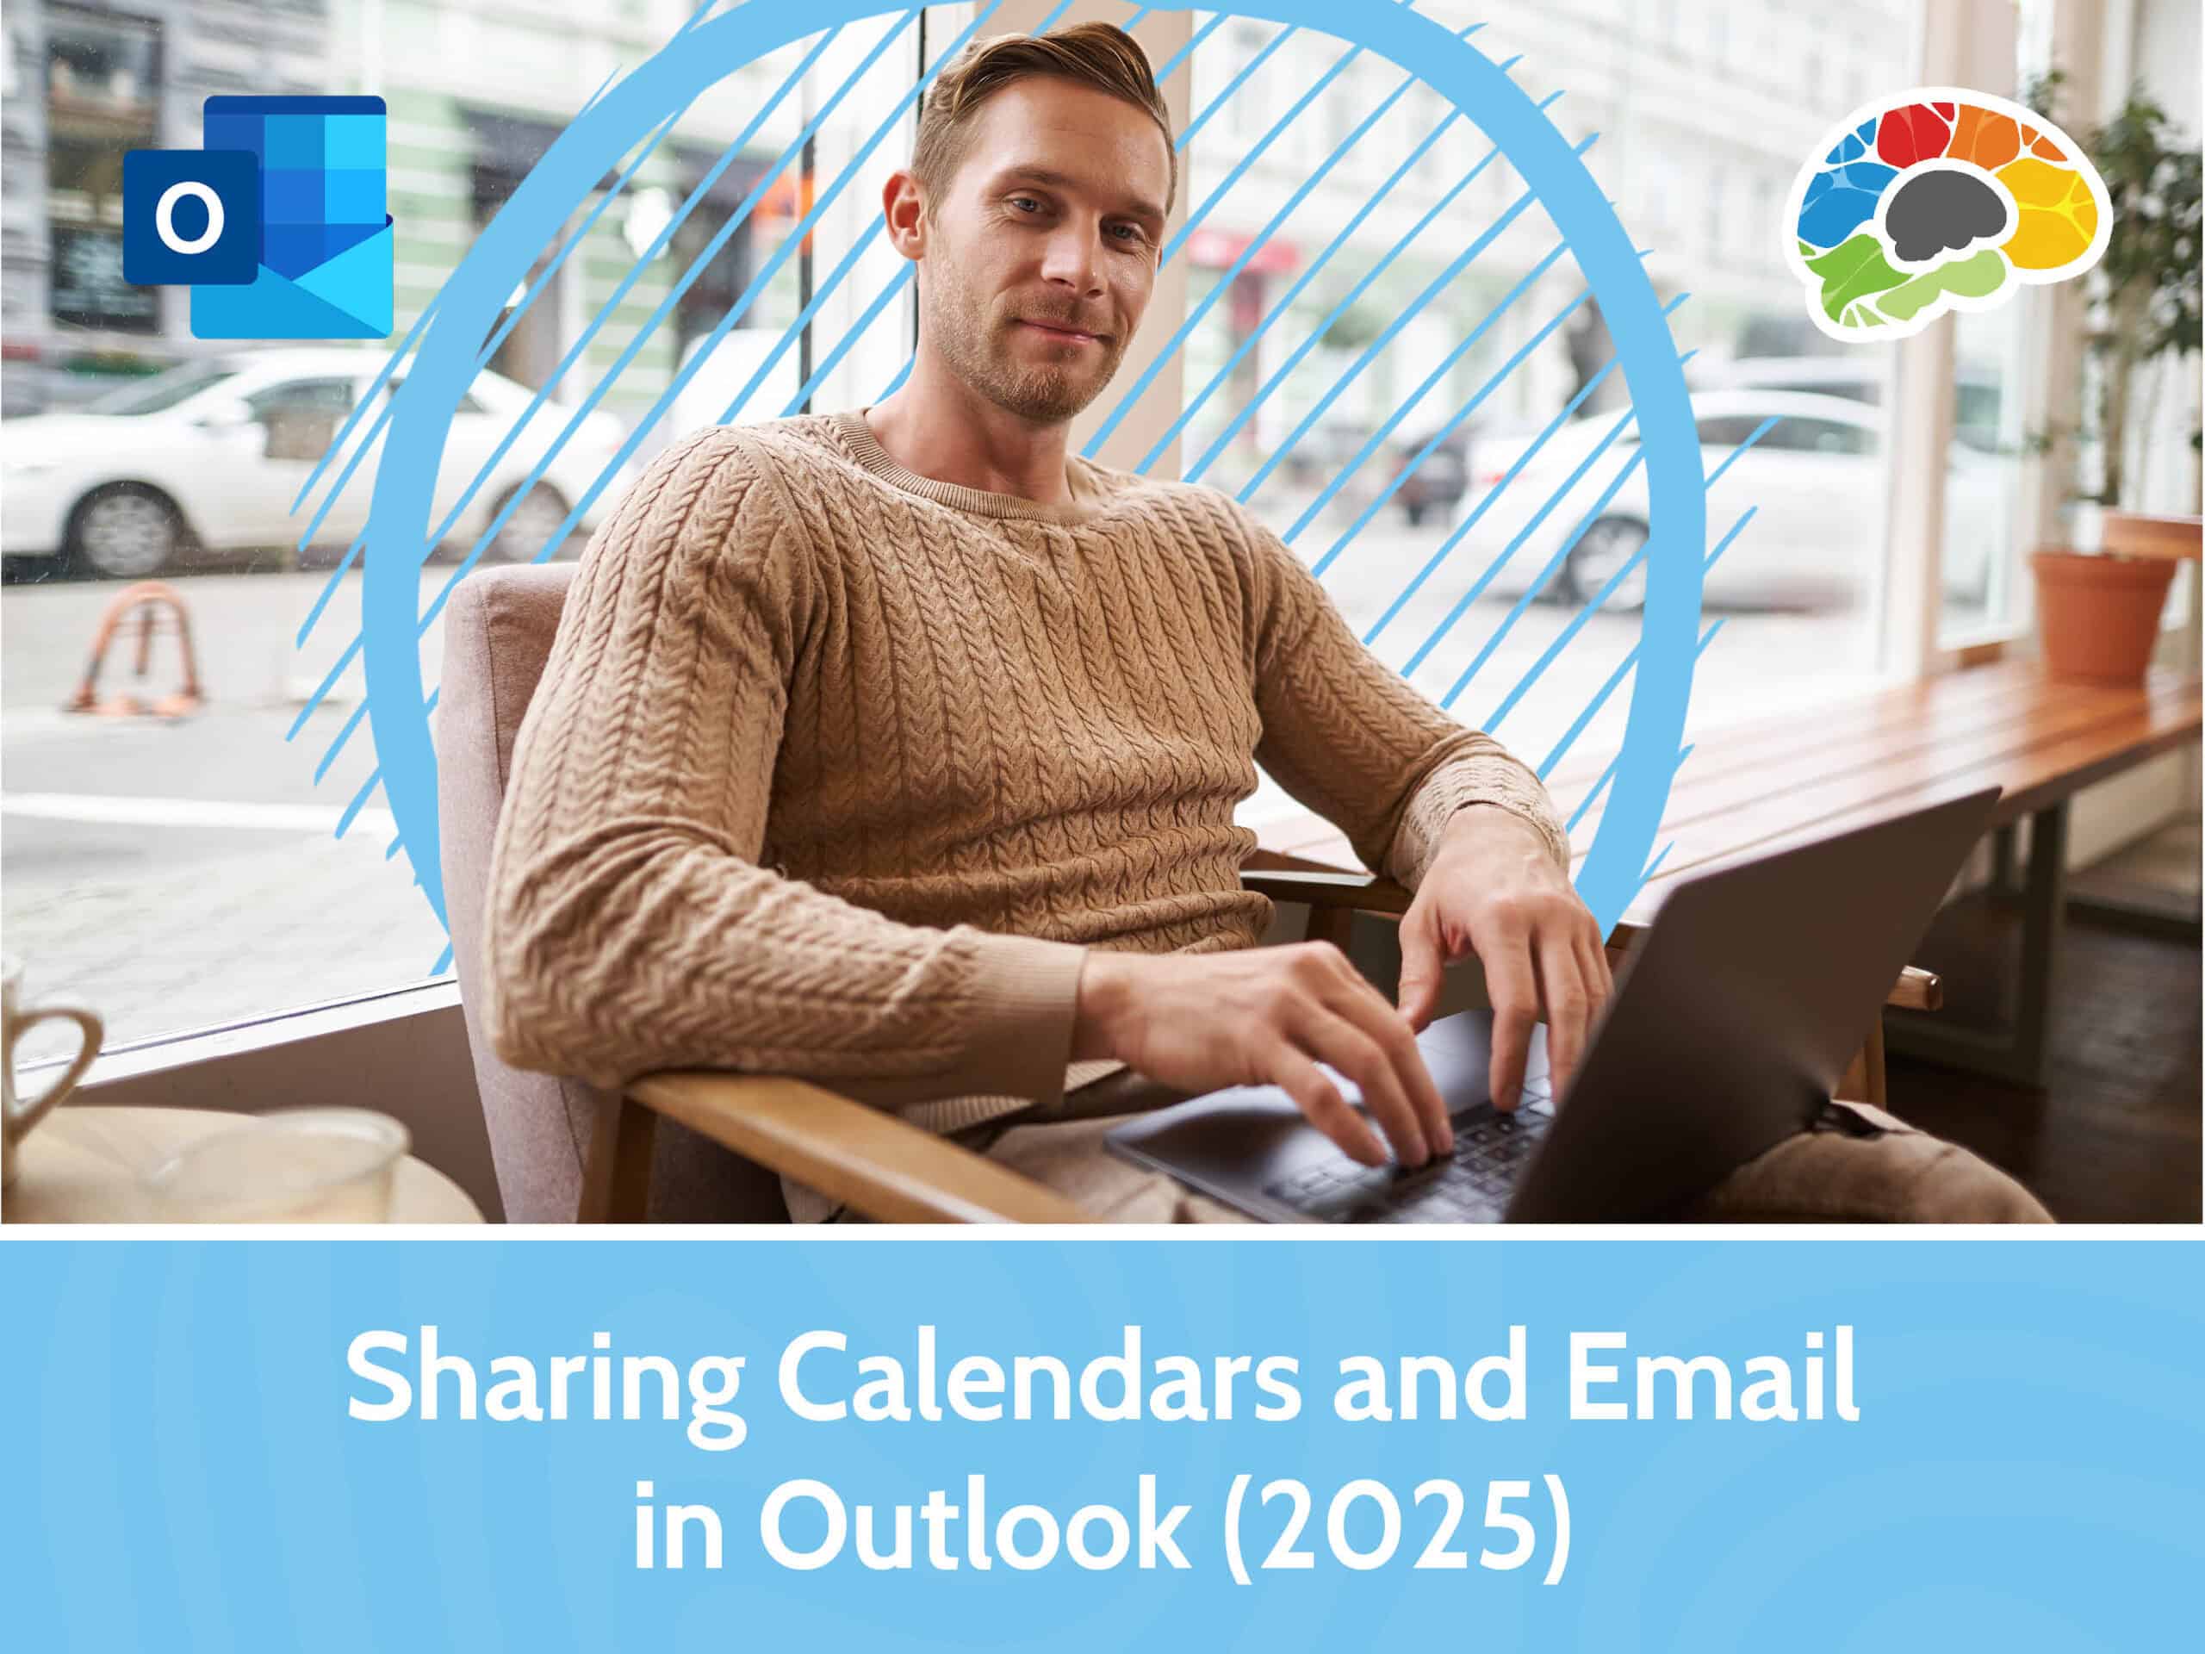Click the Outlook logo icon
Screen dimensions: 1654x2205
coord(258,216)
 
